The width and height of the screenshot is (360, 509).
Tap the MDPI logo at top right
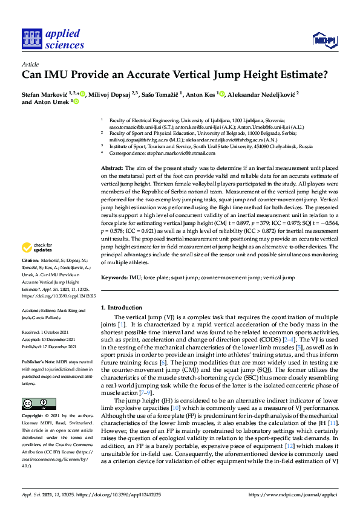(324, 41)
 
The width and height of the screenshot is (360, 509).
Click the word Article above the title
(30, 63)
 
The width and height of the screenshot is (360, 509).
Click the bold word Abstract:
(113, 167)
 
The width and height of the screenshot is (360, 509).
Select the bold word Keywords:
(115, 277)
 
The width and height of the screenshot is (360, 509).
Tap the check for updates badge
(36, 247)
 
